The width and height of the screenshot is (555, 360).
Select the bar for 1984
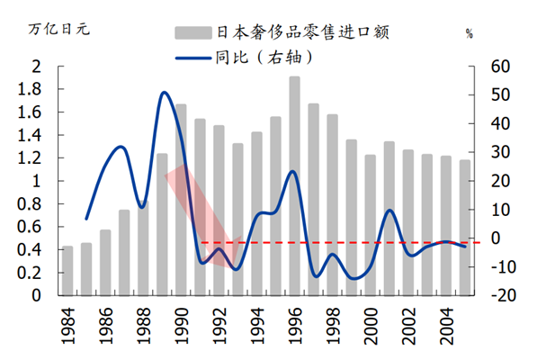click(67, 270)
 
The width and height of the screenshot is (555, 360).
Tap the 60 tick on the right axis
click(500, 67)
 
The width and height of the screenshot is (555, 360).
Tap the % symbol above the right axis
click(470, 34)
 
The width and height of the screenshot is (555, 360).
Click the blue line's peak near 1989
click(163, 93)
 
